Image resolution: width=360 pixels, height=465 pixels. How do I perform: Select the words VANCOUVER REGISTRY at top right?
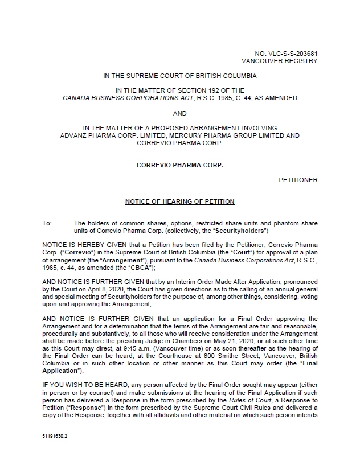pyautogui.click(x=280, y=60)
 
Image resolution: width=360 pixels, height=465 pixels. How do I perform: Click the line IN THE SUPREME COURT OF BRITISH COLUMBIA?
pyautogui.click(x=179, y=75)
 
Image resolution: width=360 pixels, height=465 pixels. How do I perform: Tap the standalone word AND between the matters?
pyautogui.click(x=179, y=113)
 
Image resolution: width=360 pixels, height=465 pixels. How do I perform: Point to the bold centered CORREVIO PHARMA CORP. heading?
pyautogui.click(x=179, y=164)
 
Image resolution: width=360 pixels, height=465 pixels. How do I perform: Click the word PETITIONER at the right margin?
pyautogui.click(x=298, y=180)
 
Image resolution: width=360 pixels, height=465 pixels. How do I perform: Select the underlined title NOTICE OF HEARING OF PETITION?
pyautogui.click(x=179, y=201)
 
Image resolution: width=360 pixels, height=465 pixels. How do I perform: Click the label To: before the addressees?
pyautogui.click(x=47, y=223)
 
